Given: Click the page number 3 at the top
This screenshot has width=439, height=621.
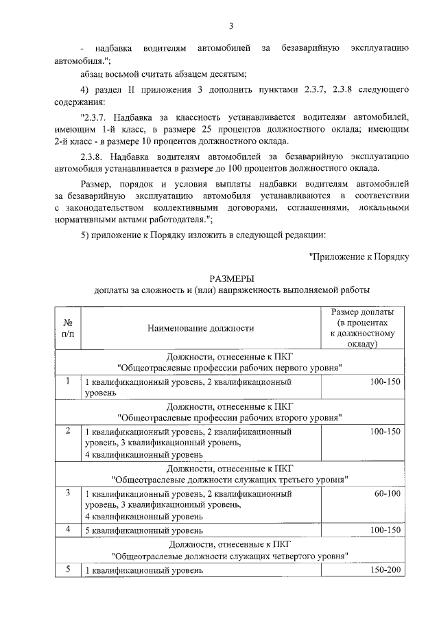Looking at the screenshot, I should (x=231, y=26).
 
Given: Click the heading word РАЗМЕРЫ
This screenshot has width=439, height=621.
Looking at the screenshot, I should (x=231, y=278).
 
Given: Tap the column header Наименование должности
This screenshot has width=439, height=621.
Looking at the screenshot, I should (x=200, y=328).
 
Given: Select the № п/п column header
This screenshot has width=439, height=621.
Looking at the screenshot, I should (x=68, y=327).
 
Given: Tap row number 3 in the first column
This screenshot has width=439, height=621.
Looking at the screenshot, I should (x=68, y=493).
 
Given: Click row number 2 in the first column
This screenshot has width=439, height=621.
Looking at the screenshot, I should (x=68, y=432).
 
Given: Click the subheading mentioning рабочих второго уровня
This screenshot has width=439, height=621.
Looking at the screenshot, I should (x=230, y=417).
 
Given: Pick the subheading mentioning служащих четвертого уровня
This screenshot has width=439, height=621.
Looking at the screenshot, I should (x=230, y=554).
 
